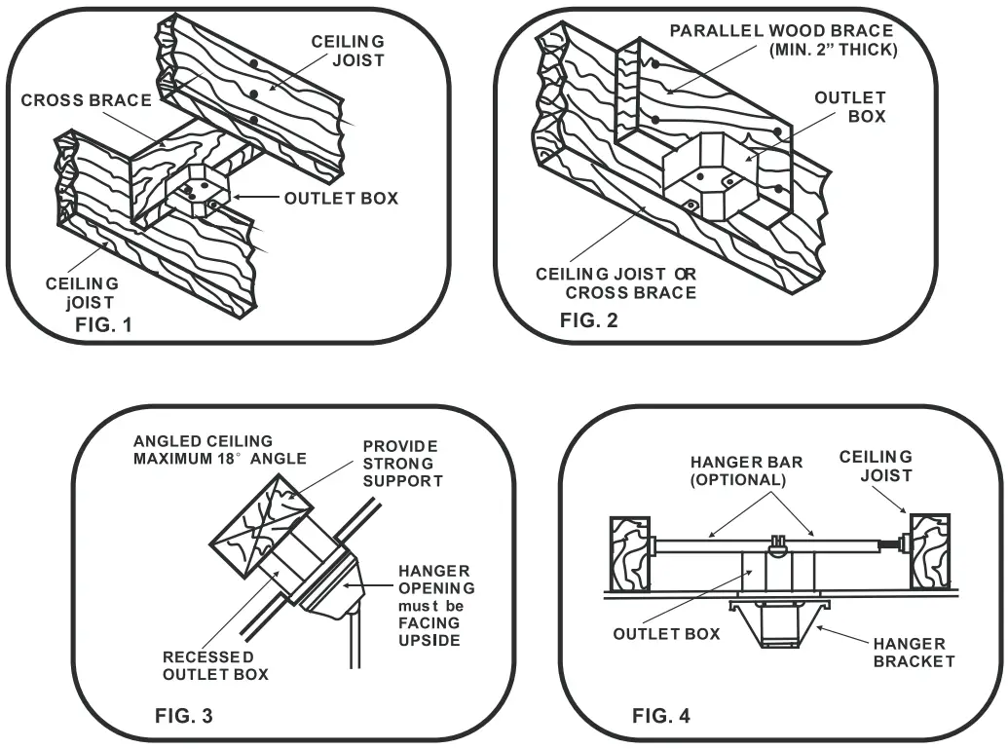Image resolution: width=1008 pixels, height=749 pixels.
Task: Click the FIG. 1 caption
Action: tap(103, 325)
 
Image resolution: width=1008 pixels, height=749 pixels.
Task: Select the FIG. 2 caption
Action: tap(588, 320)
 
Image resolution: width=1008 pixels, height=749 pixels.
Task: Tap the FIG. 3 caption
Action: tap(184, 717)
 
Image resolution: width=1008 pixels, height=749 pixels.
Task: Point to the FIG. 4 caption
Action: tap(661, 717)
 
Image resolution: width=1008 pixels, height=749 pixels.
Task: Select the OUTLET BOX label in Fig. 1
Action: tap(341, 198)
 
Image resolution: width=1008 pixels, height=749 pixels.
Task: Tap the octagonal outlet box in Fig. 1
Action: tap(199, 188)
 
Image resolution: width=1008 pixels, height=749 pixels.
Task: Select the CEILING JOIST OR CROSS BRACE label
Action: tap(616, 283)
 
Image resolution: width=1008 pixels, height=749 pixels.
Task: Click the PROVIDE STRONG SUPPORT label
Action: tap(402, 463)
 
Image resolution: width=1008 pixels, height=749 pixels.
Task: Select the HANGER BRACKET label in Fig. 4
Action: tap(910, 653)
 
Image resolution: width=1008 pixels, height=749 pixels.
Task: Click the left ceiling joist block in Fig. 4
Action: tap(628, 553)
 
